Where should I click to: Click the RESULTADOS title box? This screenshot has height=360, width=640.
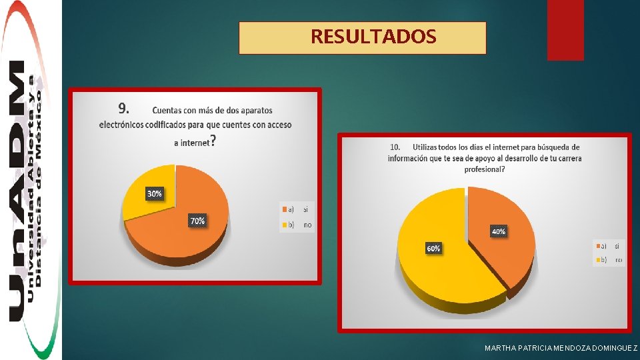pyautogui.click(x=363, y=38)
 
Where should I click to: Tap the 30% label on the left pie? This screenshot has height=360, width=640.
pyautogui.click(x=154, y=194)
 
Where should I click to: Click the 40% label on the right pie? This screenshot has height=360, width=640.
pyautogui.click(x=498, y=232)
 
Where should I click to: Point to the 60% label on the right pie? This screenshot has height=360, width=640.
pyautogui.click(x=433, y=249)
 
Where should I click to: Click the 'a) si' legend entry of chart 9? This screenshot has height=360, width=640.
pyautogui.click(x=297, y=209)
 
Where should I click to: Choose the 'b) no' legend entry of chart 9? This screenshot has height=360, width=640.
pyautogui.click(x=297, y=225)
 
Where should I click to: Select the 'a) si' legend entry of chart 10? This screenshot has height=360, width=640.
pyautogui.click(x=609, y=245)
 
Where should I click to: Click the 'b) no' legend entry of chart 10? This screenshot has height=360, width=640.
pyautogui.click(x=609, y=260)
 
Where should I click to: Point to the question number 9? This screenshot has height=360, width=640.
pyautogui.click(x=123, y=108)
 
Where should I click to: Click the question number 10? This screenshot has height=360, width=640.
pyautogui.click(x=395, y=147)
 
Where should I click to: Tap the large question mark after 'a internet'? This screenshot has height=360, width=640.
pyautogui.click(x=213, y=141)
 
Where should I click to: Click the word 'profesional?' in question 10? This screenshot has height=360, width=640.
pyautogui.click(x=485, y=169)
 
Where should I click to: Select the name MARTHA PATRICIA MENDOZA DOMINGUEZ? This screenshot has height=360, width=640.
pyautogui.click(x=561, y=349)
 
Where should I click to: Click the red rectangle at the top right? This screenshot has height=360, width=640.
pyautogui.click(x=565, y=30)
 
